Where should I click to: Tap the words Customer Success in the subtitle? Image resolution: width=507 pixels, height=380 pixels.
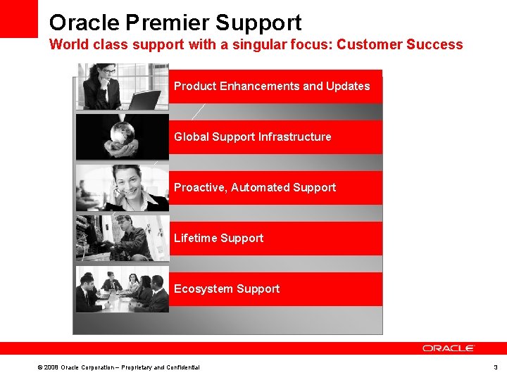click(x=400, y=45)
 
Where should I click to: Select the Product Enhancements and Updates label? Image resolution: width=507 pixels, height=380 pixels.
click(x=272, y=87)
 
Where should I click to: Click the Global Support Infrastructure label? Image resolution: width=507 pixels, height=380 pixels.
click(x=252, y=137)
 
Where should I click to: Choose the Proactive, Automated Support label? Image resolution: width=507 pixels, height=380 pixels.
click(x=255, y=188)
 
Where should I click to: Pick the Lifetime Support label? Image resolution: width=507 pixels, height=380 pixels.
click(x=218, y=239)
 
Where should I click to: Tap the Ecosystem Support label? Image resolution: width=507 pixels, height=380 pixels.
click(x=227, y=289)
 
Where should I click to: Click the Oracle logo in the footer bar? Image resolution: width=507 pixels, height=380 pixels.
click(x=449, y=348)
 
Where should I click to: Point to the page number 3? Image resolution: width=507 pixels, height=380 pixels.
click(x=495, y=367)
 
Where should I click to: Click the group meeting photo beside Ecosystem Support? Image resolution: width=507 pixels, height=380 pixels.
click(x=122, y=289)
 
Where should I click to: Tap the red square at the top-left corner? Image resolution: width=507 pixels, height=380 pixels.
click(x=18, y=18)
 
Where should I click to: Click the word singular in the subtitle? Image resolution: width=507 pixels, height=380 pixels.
click(x=271, y=45)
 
